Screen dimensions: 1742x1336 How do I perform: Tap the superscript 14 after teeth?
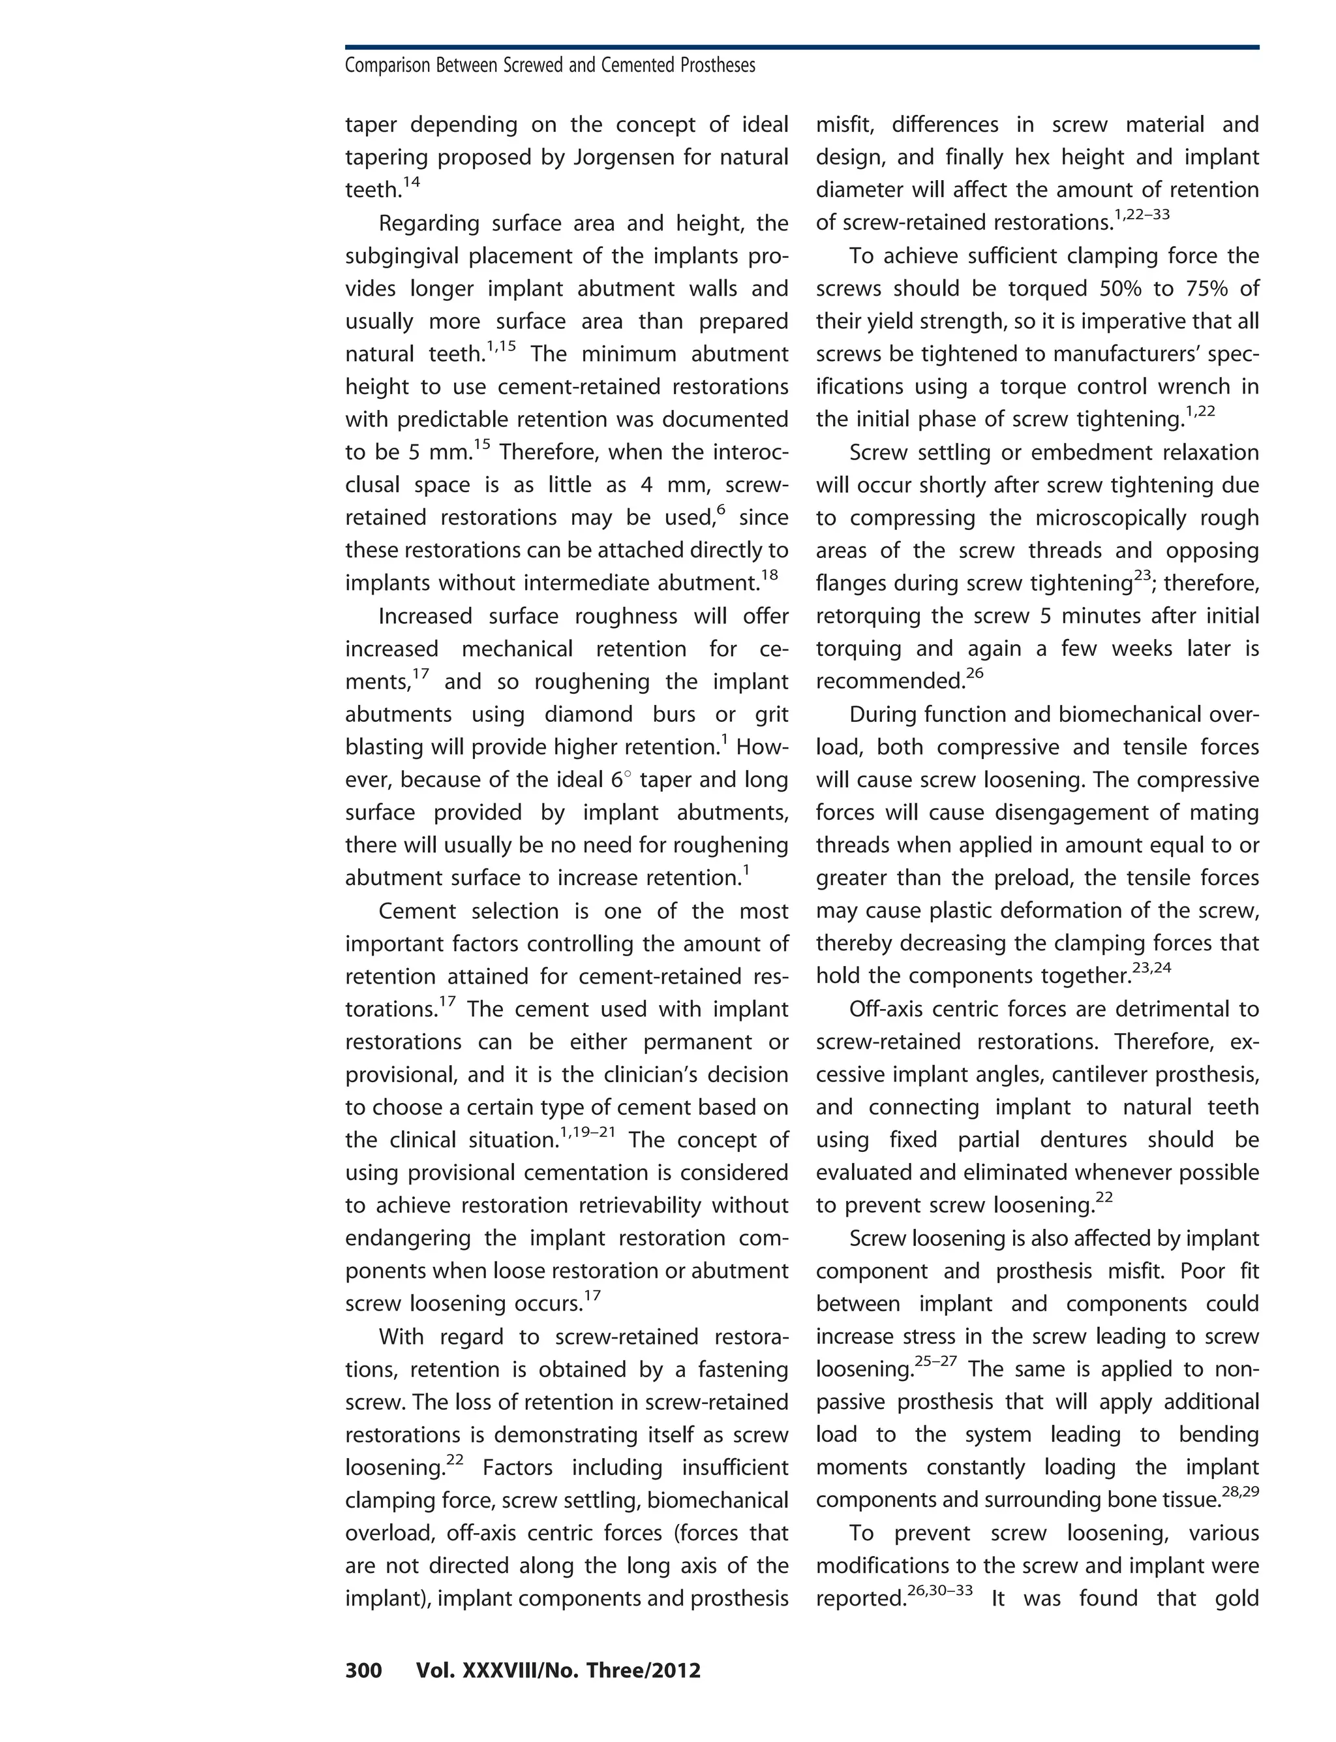click(x=411, y=183)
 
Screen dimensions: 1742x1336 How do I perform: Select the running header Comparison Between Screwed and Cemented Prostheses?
click(x=549, y=65)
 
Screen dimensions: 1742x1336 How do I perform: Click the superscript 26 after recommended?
click(x=975, y=674)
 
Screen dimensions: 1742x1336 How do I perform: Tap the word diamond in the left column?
click(x=591, y=714)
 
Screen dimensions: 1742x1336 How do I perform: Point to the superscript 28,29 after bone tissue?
click(x=1239, y=1491)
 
